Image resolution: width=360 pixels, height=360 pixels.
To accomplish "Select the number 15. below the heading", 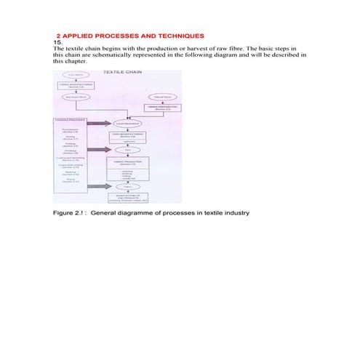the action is click(x=60, y=42).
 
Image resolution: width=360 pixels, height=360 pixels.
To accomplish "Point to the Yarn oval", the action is click(x=127, y=149).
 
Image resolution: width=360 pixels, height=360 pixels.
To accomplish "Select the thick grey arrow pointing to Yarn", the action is click(x=99, y=149).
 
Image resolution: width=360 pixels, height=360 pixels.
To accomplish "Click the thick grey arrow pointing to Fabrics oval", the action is click(x=99, y=187).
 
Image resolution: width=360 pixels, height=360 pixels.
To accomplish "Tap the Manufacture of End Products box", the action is click(x=127, y=198).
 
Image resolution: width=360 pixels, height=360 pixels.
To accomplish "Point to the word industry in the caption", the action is click(x=236, y=213).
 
